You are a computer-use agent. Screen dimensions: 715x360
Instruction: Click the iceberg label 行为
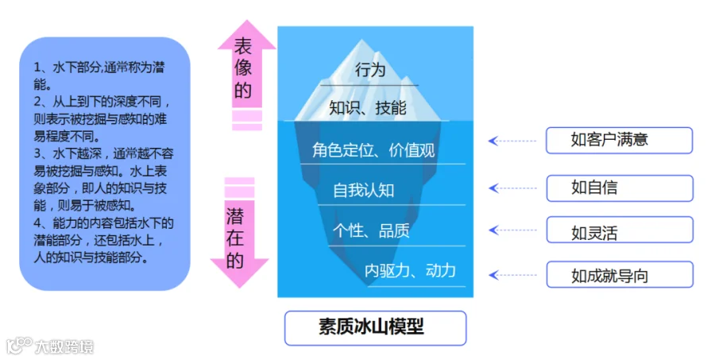(370, 70)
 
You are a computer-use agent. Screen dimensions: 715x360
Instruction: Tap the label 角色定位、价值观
(373, 149)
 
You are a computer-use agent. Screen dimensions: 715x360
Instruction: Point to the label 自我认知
(363, 190)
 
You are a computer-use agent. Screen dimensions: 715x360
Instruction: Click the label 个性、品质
(371, 230)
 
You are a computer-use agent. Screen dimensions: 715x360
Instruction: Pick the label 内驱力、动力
(410, 270)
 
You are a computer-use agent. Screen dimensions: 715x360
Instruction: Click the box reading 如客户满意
(619, 141)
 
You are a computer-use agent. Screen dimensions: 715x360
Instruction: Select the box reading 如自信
(619, 188)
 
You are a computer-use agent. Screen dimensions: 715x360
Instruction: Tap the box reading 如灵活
(619, 233)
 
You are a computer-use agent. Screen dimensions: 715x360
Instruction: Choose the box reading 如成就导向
(619, 276)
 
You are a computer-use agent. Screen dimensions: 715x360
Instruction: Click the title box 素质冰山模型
(375, 327)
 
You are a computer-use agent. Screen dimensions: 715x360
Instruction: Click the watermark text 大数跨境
(64, 346)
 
